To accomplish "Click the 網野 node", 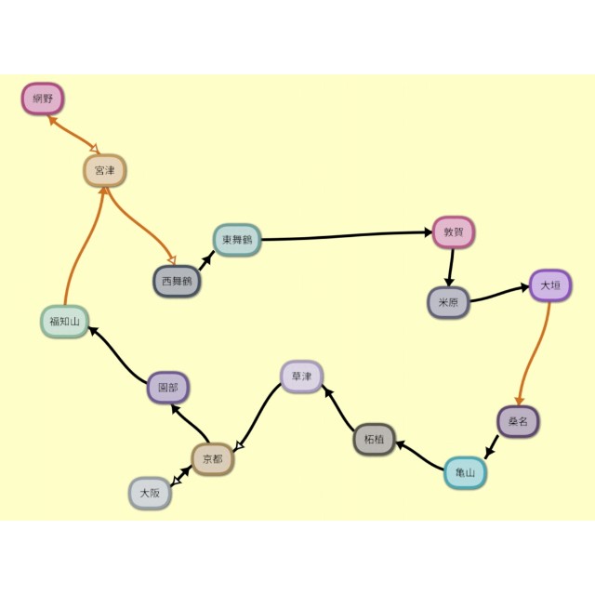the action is click(x=42, y=99).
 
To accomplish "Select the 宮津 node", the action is click(x=104, y=171).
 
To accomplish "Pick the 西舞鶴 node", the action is click(x=177, y=281).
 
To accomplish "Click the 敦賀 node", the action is click(x=454, y=232).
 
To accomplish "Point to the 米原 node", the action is click(x=449, y=303).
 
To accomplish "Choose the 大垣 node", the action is click(x=550, y=286).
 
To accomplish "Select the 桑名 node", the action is click(x=518, y=422).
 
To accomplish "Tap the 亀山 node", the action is click(x=465, y=473).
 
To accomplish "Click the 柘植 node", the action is click(x=375, y=439).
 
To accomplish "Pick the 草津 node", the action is click(x=301, y=377).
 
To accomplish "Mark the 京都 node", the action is click(x=212, y=459).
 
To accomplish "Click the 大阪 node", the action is click(x=150, y=494).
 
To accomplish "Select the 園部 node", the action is click(x=168, y=388).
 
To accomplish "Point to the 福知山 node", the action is click(x=64, y=323).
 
